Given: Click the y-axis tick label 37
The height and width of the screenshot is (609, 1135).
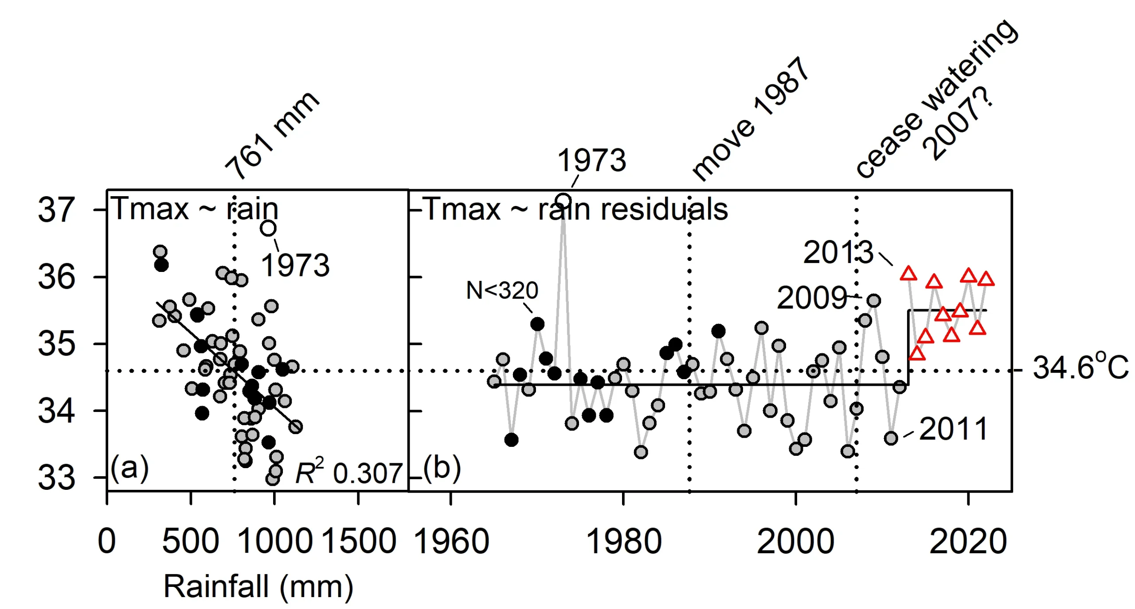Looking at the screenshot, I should [56, 209].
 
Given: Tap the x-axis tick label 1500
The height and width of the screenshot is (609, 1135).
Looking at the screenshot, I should [358, 541].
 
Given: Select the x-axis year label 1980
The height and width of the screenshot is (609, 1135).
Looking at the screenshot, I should [623, 542].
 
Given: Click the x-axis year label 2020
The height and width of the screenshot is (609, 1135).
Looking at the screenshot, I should [968, 542].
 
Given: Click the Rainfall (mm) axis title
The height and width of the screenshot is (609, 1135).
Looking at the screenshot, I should [258, 586].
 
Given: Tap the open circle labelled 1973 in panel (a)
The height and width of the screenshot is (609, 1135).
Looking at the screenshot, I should [268, 229].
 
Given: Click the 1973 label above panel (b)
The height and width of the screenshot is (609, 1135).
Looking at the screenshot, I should [591, 160].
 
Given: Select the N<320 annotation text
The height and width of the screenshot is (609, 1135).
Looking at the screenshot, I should [502, 291].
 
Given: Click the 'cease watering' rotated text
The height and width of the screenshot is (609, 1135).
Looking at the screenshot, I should [935, 98].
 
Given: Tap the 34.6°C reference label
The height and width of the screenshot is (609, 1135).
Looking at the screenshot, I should [1080, 368].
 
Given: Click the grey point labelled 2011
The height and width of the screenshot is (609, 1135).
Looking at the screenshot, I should [891, 438].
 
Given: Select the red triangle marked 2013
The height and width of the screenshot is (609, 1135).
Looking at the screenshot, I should [908, 273].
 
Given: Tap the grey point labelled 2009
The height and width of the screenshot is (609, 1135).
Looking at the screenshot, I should [874, 301].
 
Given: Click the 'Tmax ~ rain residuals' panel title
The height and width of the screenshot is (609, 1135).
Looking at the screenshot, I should [575, 209].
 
